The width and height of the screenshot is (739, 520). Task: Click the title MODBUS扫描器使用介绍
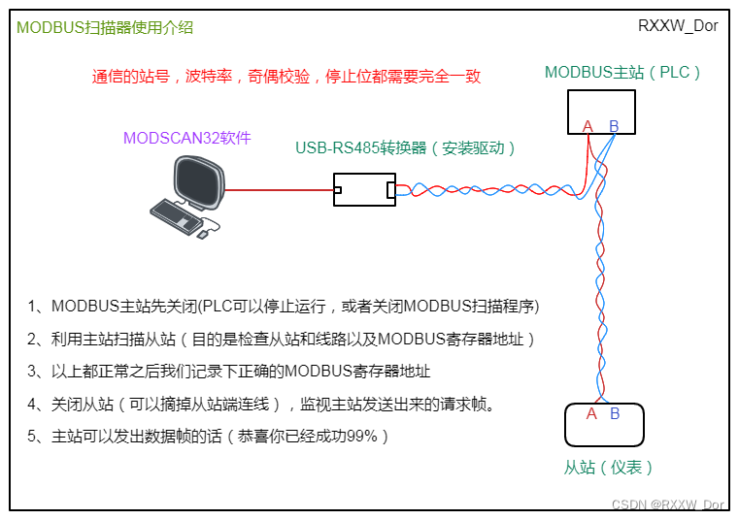[x=105, y=28]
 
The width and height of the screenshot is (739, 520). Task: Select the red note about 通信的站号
[x=286, y=77]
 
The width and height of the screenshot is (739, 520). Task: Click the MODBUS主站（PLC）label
[x=622, y=72]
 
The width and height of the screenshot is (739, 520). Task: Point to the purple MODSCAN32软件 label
[x=186, y=139]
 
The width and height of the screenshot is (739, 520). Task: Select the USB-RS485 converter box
[x=364, y=189]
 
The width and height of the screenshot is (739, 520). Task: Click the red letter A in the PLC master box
[x=588, y=126]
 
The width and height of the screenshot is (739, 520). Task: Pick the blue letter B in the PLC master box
[x=614, y=126]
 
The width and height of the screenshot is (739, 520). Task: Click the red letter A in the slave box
[x=591, y=414]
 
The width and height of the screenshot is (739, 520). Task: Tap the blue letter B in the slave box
[x=615, y=414]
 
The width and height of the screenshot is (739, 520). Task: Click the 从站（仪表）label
[x=609, y=468]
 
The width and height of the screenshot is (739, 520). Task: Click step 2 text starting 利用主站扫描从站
[x=282, y=340]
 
